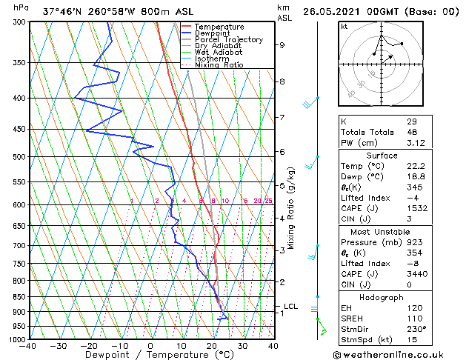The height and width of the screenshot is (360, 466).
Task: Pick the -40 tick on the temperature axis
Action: pos(28,346)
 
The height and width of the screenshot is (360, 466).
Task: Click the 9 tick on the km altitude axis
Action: pos(282,45)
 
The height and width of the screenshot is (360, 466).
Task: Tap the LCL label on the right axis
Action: pos(291,306)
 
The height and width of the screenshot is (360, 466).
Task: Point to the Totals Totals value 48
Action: pos(412,132)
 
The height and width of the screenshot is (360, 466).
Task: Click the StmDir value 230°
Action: pos(416,329)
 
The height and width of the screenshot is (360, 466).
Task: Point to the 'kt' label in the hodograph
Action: pos(344,26)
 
